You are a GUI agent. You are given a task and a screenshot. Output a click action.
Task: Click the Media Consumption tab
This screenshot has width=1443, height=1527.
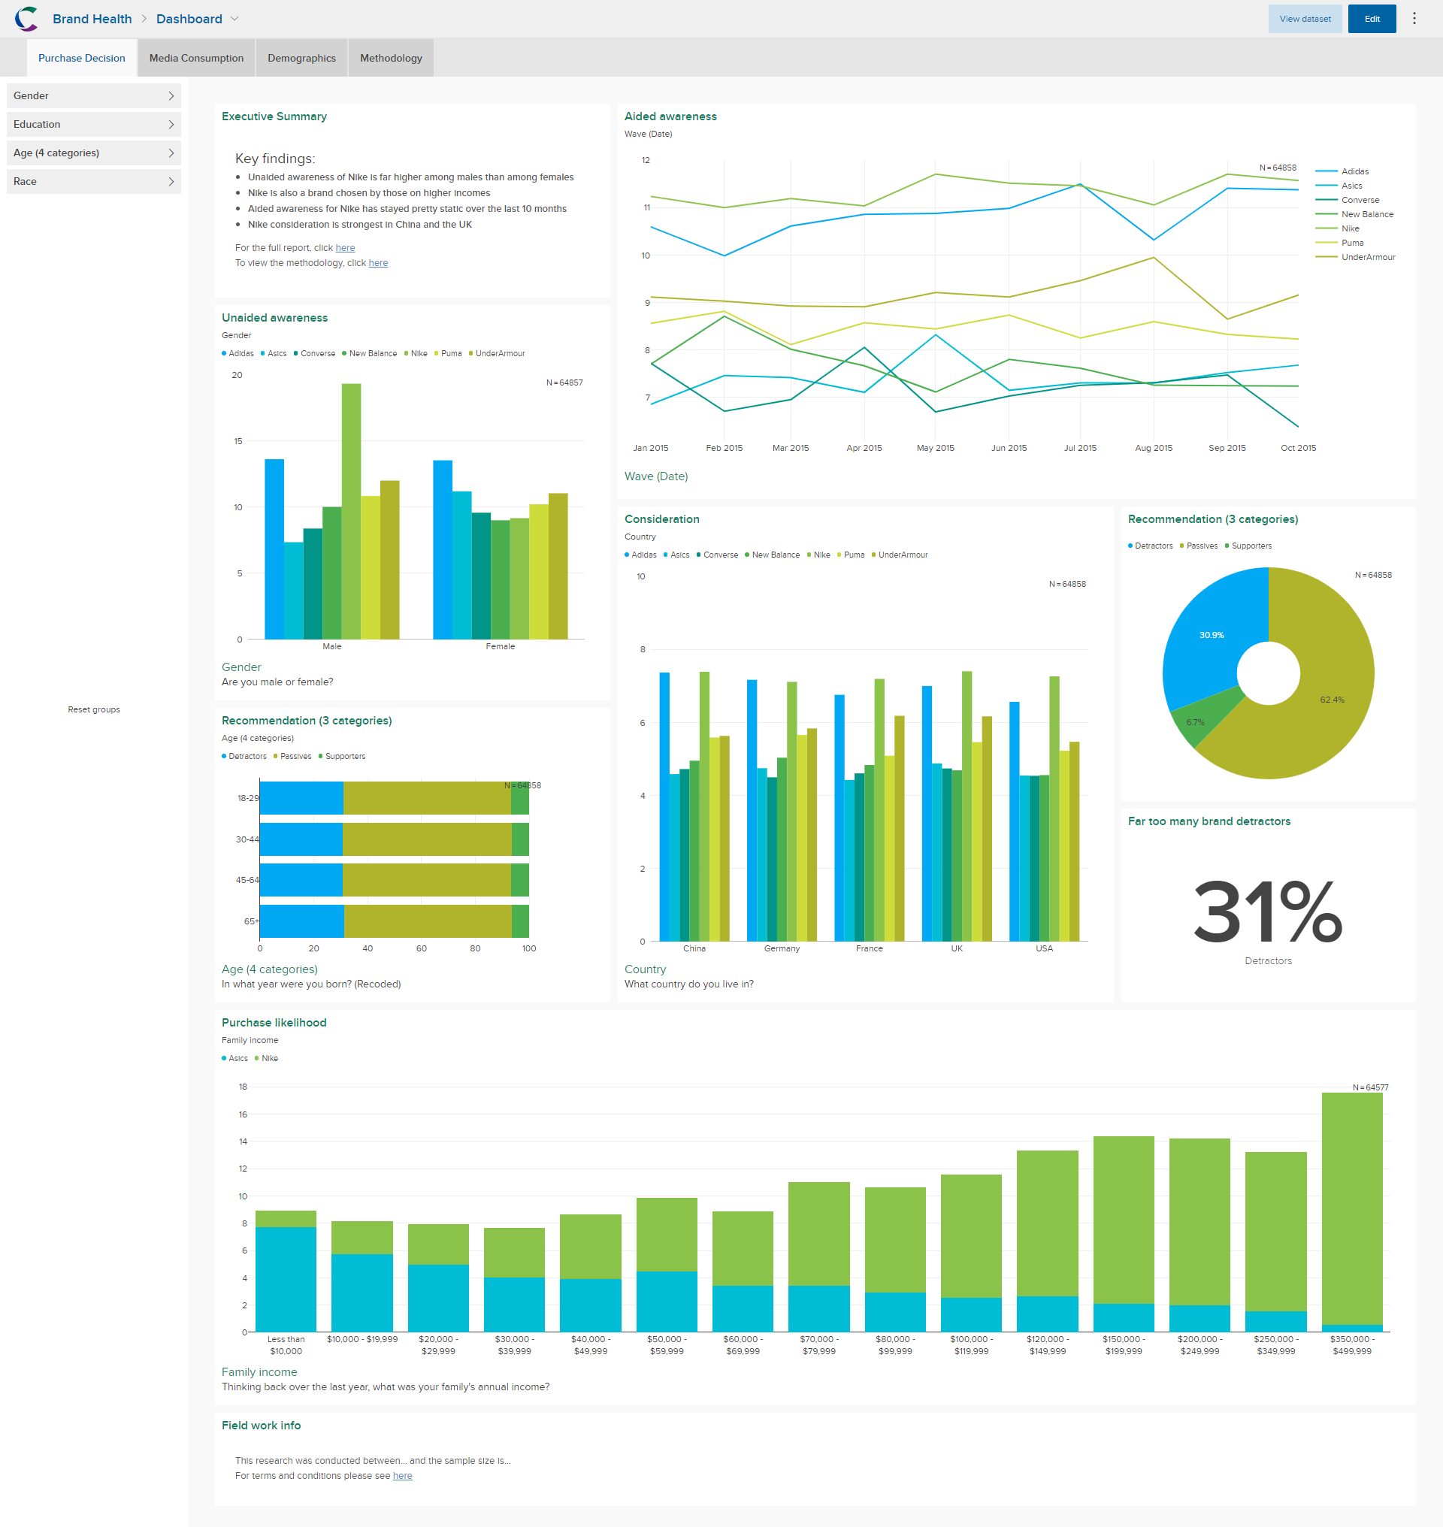pyautogui.click(x=196, y=58)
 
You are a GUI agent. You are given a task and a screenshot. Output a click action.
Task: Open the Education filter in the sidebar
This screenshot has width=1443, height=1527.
pyautogui.click(x=94, y=124)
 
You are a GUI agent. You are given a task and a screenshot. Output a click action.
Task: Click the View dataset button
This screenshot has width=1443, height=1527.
pyautogui.click(x=1305, y=19)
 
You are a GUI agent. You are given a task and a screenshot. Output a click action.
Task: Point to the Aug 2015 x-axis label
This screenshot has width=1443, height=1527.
pyautogui.click(x=1153, y=448)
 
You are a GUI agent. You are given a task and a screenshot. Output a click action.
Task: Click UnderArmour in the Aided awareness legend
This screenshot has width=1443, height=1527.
pyautogui.click(x=1368, y=257)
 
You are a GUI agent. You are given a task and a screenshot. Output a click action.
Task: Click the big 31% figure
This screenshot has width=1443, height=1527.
pyautogui.click(x=1267, y=913)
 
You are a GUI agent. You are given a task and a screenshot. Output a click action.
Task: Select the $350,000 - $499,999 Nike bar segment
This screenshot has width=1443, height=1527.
pyautogui.click(x=1351, y=1208)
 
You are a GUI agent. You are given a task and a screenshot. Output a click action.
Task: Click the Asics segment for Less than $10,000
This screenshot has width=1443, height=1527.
pyautogui.click(x=286, y=1278)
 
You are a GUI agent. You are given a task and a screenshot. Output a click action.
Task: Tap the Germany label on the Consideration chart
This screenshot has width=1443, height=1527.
pyautogui.click(x=782, y=948)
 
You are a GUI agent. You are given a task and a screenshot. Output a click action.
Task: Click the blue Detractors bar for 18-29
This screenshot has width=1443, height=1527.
pyautogui.click(x=301, y=798)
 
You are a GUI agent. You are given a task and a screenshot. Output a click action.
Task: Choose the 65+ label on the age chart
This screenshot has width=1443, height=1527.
pyautogui.click(x=250, y=921)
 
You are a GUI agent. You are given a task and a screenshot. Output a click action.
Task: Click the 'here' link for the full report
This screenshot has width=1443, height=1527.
pyautogui.click(x=346, y=248)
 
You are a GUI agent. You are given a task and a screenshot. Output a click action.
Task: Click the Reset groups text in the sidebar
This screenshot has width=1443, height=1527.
pyautogui.click(x=94, y=709)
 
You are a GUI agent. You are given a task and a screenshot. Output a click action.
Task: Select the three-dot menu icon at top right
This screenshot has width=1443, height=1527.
pyautogui.click(x=1414, y=19)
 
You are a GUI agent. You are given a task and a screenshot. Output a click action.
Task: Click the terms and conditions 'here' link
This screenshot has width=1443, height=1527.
pyautogui.click(x=402, y=1475)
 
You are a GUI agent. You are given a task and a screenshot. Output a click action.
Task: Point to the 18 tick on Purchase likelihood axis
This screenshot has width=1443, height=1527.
pyautogui.click(x=243, y=1086)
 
